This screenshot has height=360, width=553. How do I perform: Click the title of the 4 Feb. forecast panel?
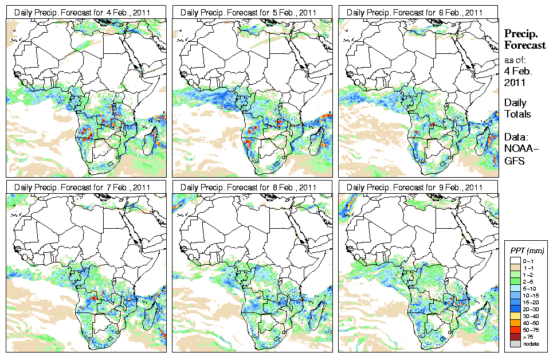[82, 12]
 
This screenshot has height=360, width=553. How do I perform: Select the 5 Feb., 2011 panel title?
[249, 12]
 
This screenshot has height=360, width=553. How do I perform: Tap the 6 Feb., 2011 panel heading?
[415, 12]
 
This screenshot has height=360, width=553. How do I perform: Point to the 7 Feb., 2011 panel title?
[82, 187]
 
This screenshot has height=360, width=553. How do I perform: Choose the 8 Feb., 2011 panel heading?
[249, 187]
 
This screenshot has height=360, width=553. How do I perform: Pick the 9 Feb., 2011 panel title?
[415, 187]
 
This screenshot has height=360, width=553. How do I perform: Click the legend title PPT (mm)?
[527, 251]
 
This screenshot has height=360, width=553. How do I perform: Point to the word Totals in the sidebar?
[517, 114]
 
